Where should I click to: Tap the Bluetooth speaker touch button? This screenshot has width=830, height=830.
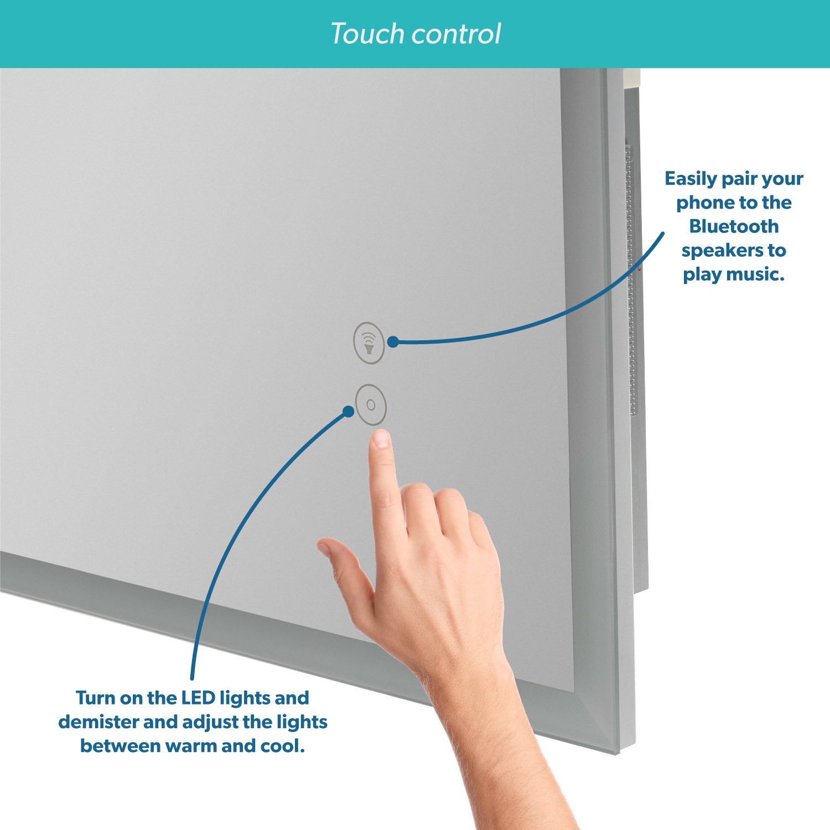click(369, 343)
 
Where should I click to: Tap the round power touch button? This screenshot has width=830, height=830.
click(371, 404)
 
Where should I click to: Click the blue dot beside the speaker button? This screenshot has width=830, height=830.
click(393, 342)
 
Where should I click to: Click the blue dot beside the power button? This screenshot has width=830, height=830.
click(348, 412)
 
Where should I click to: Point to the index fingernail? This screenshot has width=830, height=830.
click(381, 439)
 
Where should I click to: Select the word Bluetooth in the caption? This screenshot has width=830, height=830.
click(734, 226)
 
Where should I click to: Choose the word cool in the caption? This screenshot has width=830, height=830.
click(283, 746)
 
